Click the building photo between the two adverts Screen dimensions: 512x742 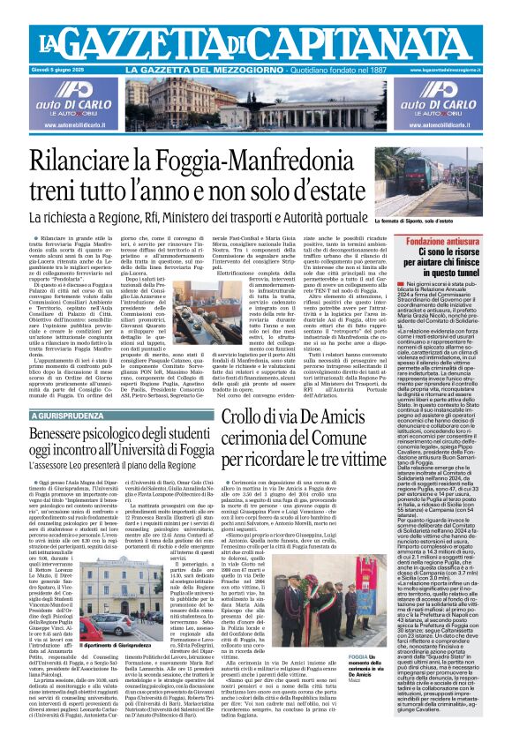click(x=256, y=105)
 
